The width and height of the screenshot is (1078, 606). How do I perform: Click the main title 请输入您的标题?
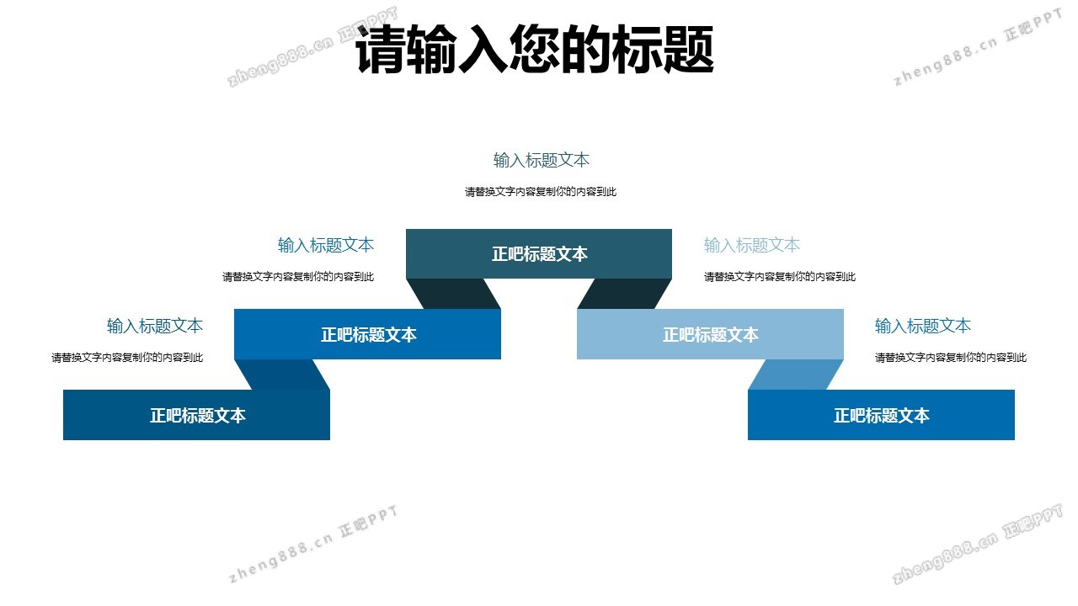click(x=535, y=49)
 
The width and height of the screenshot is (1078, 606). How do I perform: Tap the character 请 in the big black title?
click(x=380, y=49)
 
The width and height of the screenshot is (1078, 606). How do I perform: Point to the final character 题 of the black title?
click(x=689, y=49)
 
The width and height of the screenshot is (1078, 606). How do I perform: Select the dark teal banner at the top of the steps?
click(x=539, y=254)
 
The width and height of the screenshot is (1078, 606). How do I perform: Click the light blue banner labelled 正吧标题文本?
click(x=710, y=334)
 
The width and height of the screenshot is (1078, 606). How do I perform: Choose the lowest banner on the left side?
click(x=196, y=415)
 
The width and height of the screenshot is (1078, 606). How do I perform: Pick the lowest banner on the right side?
click(x=881, y=415)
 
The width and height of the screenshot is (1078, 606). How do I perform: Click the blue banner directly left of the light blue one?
click(x=368, y=334)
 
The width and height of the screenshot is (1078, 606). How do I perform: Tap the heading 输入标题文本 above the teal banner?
click(x=542, y=160)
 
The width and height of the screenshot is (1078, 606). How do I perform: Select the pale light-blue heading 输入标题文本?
click(x=752, y=245)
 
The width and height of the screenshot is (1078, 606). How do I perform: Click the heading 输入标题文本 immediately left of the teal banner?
click(x=326, y=245)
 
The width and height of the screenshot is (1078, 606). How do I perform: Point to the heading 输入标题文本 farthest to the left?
click(x=155, y=326)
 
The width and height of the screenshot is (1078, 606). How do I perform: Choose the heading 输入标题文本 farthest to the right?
click(x=922, y=326)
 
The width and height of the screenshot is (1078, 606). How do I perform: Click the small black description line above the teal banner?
click(x=541, y=192)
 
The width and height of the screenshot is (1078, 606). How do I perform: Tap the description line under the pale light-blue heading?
click(x=780, y=277)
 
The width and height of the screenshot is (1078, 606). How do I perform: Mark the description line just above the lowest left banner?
click(x=127, y=358)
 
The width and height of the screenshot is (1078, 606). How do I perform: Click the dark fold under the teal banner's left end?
click(x=454, y=294)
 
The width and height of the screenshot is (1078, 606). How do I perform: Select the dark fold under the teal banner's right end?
click(x=624, y=294)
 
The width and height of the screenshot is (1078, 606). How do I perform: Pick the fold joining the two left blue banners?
click(x=282, y=375)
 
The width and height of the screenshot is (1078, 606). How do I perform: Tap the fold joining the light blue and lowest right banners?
click(x=796, y=375)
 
